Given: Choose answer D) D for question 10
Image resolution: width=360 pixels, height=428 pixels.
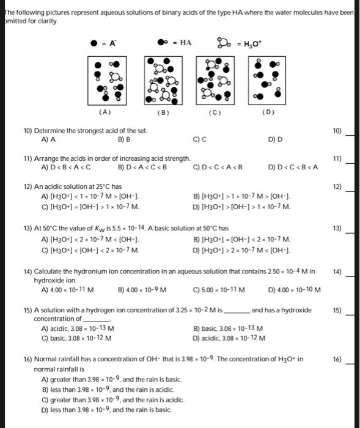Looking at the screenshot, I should pyautogui.click(x=275, y=139).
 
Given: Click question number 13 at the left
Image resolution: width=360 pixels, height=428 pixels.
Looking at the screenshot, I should pyautogui.click(x=28, y=228).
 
